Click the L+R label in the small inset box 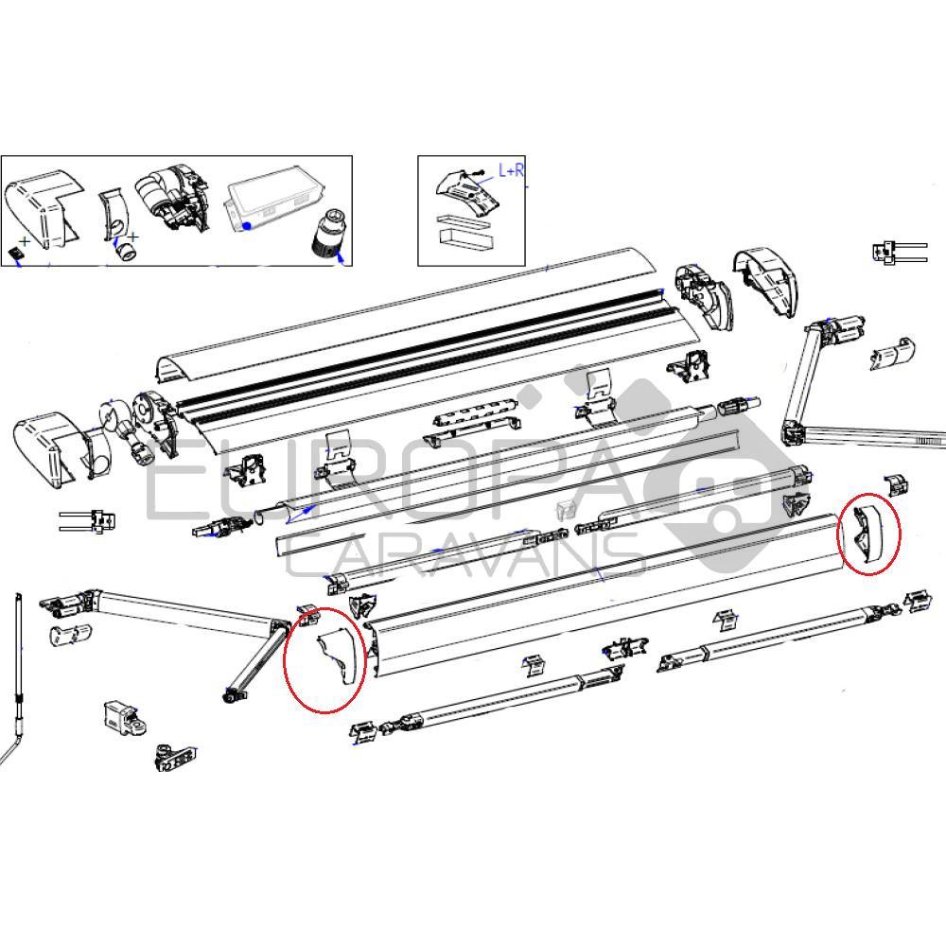pyautogui.click(x=512, y=171)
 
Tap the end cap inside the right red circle pyautogui.click(x=867, y=534)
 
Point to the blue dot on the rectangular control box pyautogui.click(x=246, y=226)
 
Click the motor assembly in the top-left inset pyautogui.click(x=170, y=199)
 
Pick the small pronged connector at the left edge pyautogui.click(x=87, y=520)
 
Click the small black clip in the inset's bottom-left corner pyautogui.click(x=17, y=253)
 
